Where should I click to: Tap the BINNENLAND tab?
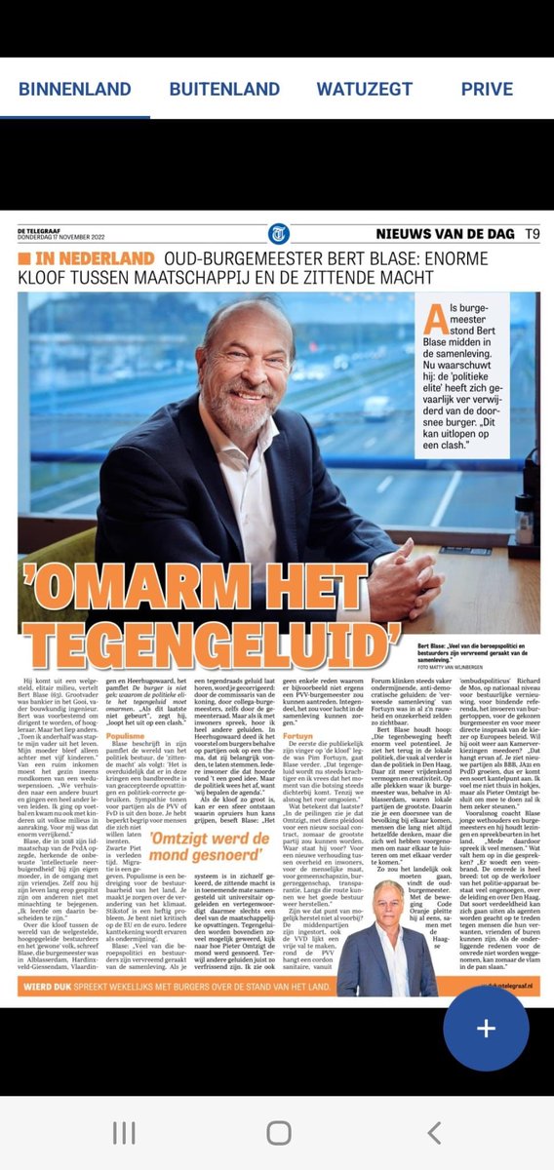pyautogui.click(x=74, y=89)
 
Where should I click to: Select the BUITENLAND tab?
pyautogui.click(x=224, y=89)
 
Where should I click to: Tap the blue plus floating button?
pyautogui.click(x=486, y=1029)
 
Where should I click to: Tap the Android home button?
pyautogui.click(x=278, y=1132)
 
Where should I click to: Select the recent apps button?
pyautogui.click(x=124, y=1132)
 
